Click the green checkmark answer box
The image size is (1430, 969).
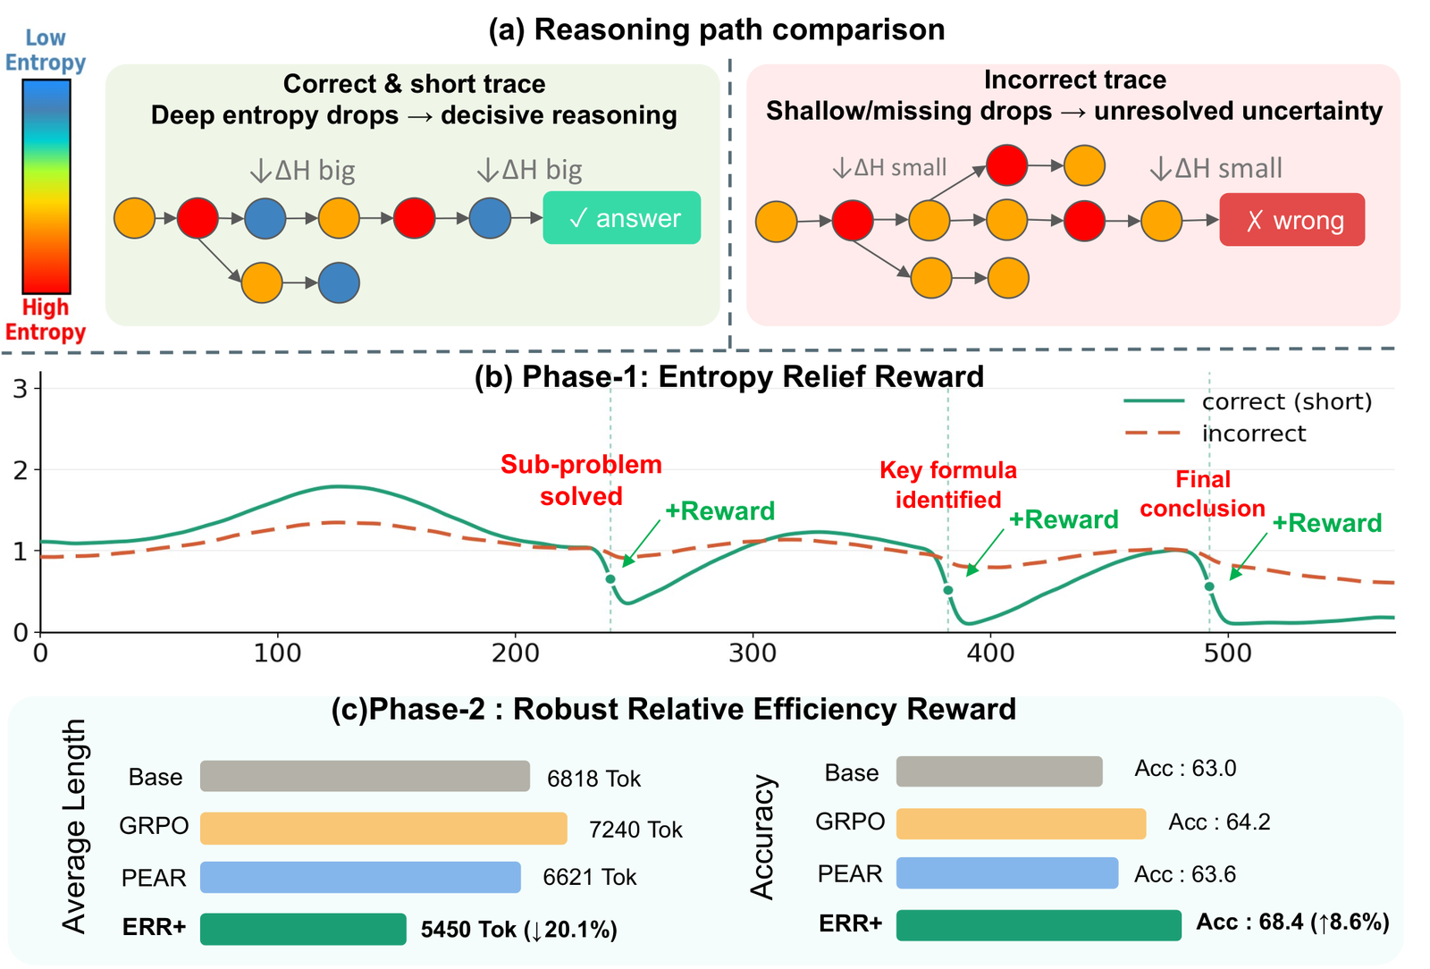coord(622,218)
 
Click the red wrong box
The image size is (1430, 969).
coord(1292,220)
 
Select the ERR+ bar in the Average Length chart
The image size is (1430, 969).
coord(303,929)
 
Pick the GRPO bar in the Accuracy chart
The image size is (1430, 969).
coord(1021,823)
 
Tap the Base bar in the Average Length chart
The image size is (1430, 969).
coord(365,776)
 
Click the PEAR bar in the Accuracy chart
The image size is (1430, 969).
coord(1006,873)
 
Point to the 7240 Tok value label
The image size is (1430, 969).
coord(635,830)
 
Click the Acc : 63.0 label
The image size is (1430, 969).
coord(1185,768)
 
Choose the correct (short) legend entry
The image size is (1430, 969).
coord(1248,401)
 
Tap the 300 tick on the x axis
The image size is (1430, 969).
coord(753,653)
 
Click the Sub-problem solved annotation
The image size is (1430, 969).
coord(581,480)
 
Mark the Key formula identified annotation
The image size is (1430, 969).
coord(948,484)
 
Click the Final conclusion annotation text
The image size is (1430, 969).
coord(1203,493)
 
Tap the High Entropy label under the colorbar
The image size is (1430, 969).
coord(46,320)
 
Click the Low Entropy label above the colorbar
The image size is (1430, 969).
coord(46,50)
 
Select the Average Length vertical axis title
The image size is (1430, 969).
coord(75,827)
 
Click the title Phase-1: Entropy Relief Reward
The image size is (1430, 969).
coord(729,376)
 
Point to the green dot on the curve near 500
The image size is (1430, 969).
coord(1209,586)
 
